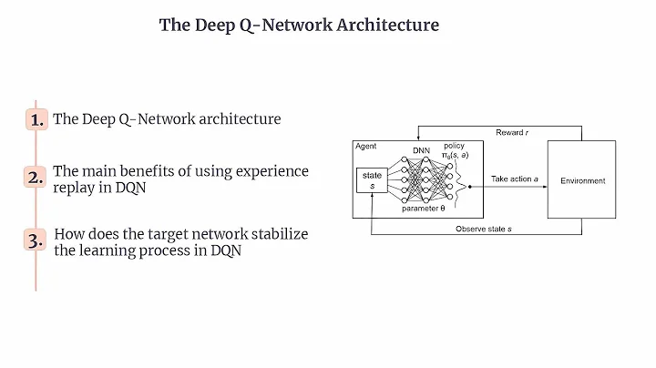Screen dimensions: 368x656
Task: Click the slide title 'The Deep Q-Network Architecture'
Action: point(299,26)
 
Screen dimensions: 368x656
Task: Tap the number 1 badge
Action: point(36,120)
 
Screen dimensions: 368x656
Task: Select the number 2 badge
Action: point(36,179)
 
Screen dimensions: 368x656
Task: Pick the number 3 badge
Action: point(36,241)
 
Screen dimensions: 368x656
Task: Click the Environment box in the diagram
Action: point(582,180)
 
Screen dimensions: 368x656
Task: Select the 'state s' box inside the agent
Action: point(374,179)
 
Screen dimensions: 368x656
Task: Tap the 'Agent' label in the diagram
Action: point(366,147)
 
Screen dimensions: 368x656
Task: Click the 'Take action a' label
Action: point(517,179)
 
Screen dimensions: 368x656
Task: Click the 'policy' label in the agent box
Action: point(453,146)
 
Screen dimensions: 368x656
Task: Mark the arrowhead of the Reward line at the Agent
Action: point(418,138)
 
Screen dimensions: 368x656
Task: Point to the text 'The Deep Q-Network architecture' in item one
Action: point(167,119)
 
